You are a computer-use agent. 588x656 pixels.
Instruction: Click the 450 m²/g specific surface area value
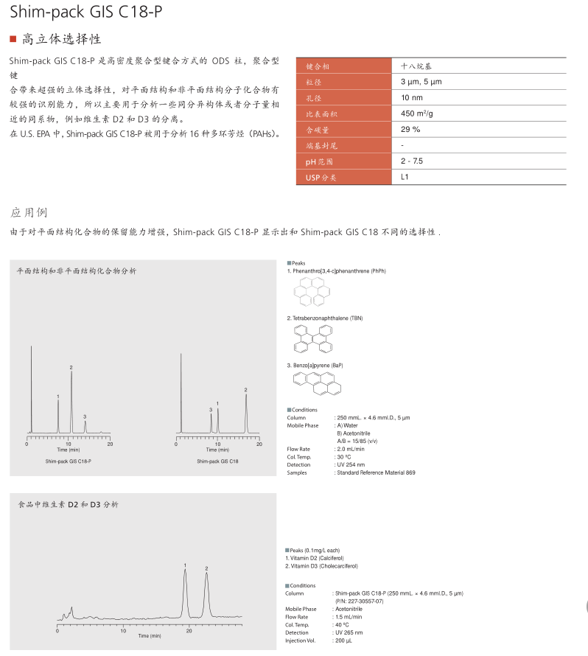coord(417,114)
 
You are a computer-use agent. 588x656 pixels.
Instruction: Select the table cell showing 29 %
coord(410,129)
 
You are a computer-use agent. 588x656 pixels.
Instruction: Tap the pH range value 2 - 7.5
coord(412,161)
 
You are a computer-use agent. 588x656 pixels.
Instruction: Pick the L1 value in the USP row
coord(405,177)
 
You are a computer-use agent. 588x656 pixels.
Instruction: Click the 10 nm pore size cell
coord(412,97)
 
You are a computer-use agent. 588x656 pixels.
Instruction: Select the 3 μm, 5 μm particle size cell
coord(421,81)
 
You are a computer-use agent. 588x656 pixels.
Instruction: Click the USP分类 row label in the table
coord(321,178)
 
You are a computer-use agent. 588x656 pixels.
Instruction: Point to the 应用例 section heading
coord(29,212)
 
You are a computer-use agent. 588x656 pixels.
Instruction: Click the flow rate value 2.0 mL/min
coord(351,449)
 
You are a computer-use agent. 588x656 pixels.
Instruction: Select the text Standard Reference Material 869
coord(376,472)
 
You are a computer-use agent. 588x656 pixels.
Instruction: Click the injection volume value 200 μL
coord(343,640)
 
